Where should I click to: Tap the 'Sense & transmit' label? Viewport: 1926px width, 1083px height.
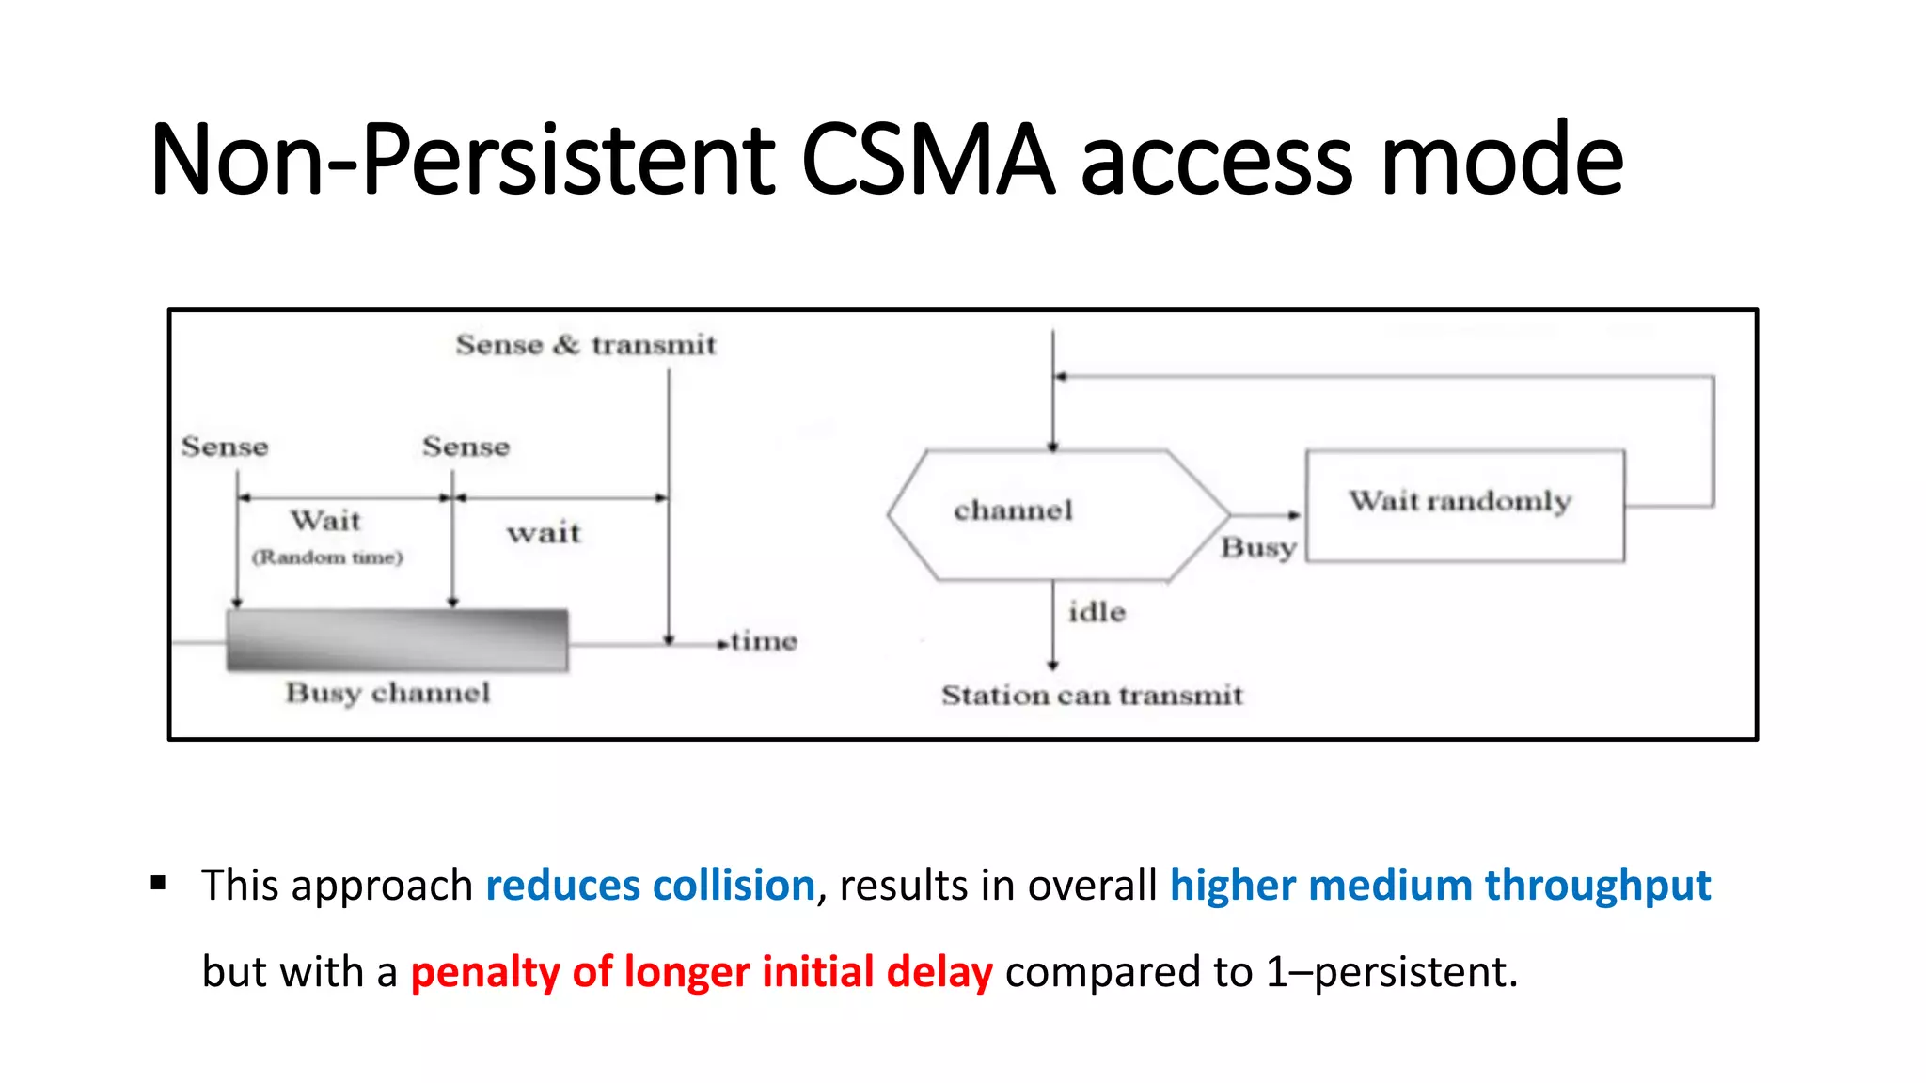click(x=585, y=345)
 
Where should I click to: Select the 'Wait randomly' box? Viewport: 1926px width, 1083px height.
click(x=1464, y=505)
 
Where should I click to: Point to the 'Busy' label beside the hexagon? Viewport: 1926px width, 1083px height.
click(x=1258, y=547)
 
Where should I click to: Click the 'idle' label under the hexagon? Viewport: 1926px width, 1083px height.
click(x=1097, y=612)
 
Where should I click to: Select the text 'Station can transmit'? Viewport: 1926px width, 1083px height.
click(x=1092, y=696)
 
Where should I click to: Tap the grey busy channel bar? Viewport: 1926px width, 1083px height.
click(x=397, y=640)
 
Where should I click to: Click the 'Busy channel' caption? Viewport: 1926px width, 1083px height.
click(x=387, y=694)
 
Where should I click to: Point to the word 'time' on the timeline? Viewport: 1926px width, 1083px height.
click(x=764, y=641)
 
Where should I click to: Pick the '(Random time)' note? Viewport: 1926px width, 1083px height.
click(x=326, y=557)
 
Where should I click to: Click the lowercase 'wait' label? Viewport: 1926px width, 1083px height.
click(x=544, y=534)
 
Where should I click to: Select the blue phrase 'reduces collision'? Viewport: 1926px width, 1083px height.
click(x=650, y=886)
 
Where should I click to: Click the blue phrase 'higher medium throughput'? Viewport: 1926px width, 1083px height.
click(x=1440, y=886)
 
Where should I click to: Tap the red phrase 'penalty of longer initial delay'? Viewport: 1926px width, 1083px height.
click(x=702, y=972)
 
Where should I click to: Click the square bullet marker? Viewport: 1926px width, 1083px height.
click(x=158, y=883)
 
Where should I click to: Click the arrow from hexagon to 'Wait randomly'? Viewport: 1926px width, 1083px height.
click(x=1266, y=515)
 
